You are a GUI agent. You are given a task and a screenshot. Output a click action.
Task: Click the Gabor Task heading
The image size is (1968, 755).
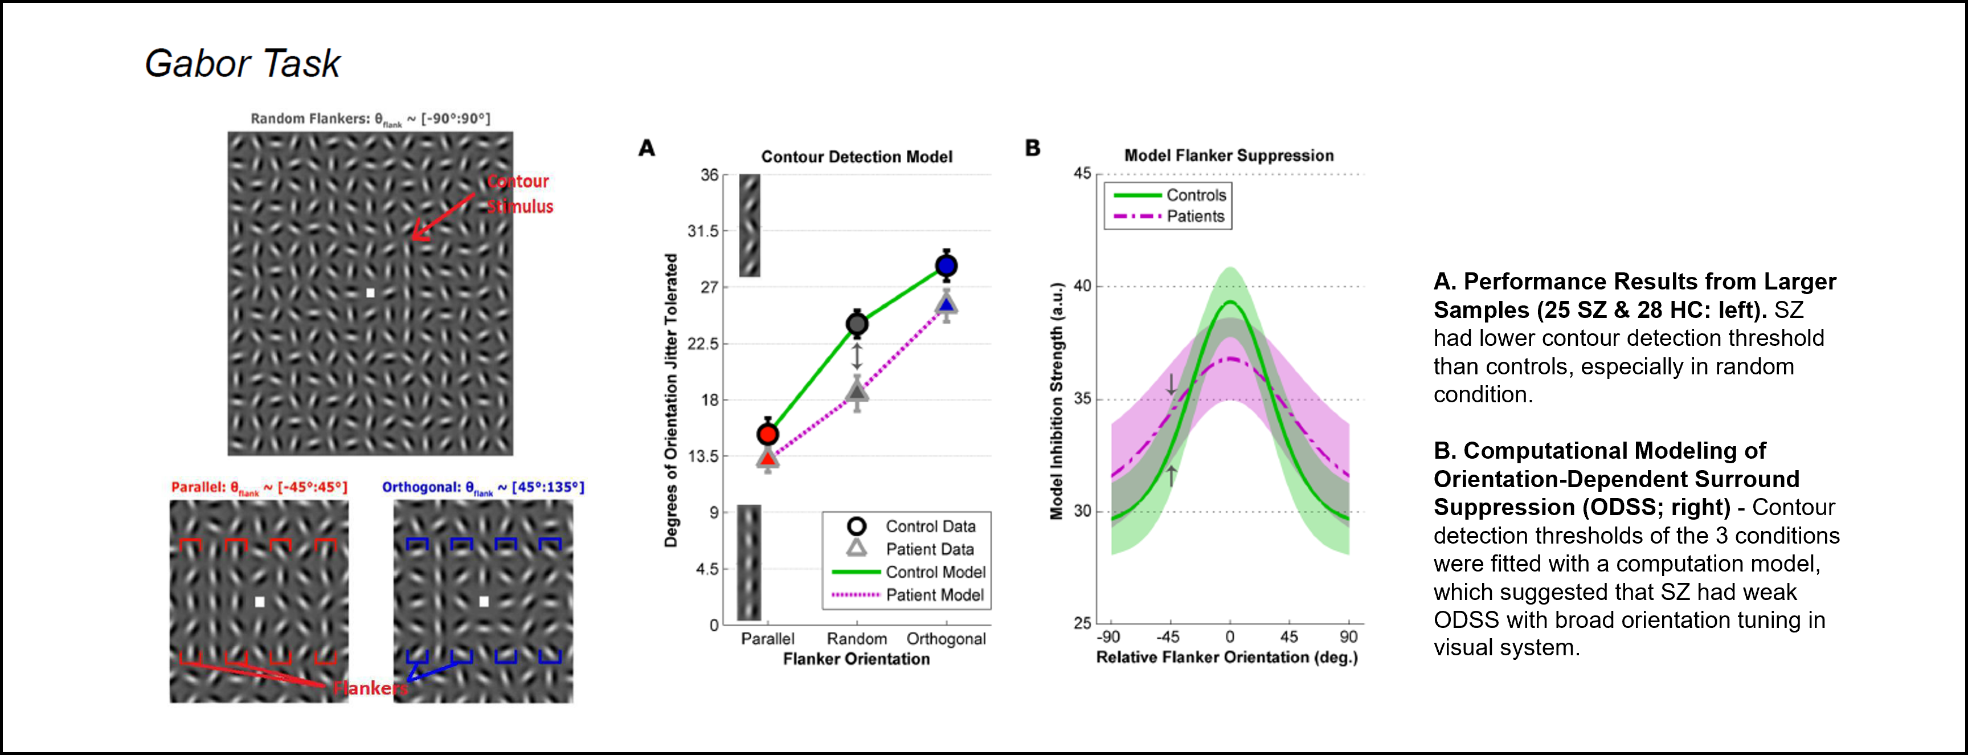click(242, 63)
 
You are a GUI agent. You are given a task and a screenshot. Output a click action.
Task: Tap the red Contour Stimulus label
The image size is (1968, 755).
click(519, 193)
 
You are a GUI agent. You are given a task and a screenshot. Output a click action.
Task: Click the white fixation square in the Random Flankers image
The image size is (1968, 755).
click(370, 293)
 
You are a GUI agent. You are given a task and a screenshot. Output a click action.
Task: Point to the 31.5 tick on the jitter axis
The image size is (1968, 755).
click(703, 231)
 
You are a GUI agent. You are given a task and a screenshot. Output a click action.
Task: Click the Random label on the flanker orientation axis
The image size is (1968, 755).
click(857, 639)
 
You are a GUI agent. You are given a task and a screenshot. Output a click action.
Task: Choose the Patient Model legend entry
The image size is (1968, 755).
click(934, 594)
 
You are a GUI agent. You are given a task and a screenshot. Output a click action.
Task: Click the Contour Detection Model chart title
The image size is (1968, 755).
click(857, 157)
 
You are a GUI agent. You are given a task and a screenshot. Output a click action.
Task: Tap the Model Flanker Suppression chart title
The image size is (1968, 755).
click(1229, 155)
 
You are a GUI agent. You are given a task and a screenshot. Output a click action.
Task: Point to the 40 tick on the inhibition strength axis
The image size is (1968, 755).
click(1083, 287)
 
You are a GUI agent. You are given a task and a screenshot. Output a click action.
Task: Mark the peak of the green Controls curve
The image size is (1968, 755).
click(1230, 302)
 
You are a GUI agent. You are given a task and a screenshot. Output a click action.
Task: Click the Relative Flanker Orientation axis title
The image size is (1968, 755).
click(1227, 657)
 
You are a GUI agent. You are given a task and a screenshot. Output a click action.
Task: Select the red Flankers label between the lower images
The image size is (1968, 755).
click(370, 688)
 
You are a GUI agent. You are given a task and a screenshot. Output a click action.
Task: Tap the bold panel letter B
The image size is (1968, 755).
click(1033, 148)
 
